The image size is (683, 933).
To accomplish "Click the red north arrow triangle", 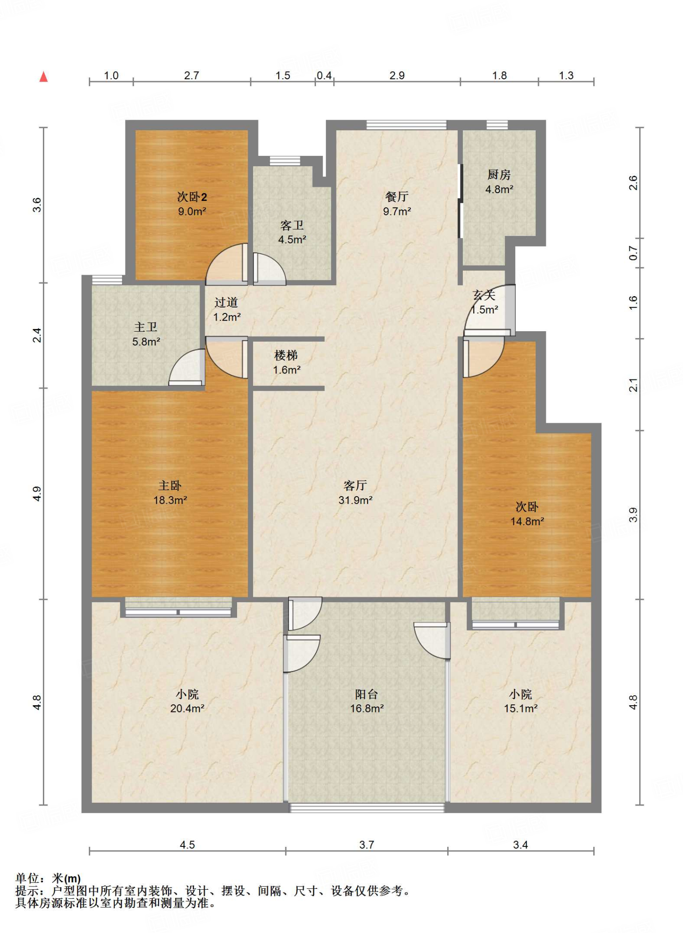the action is click(44, 77).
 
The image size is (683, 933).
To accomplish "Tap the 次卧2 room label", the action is click(192, 197).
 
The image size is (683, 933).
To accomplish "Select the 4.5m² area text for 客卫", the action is click(292, 240).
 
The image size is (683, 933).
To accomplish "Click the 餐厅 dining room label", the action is click(397, 196).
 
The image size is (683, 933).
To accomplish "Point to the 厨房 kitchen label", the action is click(499, 174).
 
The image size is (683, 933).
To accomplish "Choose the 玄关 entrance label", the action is click(484, 295).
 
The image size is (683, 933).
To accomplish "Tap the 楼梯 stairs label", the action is click(286, 355).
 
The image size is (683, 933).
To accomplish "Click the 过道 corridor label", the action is click(226, 302).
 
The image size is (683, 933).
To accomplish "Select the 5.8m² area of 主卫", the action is click(146, 342).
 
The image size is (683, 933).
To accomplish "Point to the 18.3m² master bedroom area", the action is click(170, 500).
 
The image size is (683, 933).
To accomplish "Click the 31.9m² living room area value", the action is click(355, 500).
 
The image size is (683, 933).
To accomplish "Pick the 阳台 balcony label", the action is click(367, 694).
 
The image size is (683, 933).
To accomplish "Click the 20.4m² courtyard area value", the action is click(187, 708).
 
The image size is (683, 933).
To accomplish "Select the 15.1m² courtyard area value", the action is click(521, 708).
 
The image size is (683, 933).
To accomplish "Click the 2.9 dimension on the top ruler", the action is click(397, 76).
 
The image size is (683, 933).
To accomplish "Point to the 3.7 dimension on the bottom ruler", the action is click(367, 845).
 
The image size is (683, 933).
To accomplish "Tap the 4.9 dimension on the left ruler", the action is click(37, 494).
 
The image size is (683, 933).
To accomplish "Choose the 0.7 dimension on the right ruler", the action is click(633, 253).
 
